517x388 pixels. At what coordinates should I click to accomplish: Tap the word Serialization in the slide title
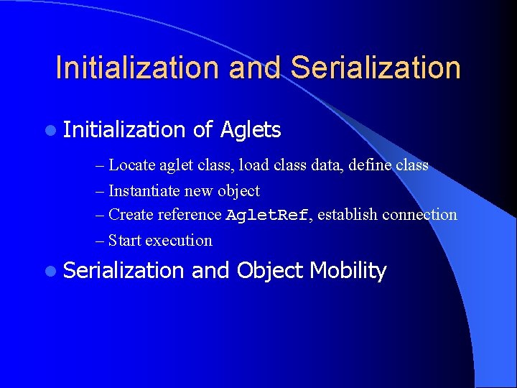click(376, 68)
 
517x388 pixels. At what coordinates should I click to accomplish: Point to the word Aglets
click(251, 130)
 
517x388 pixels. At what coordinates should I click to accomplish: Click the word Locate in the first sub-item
click(131, 165)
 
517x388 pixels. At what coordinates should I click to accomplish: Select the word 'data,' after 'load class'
click(329, 165)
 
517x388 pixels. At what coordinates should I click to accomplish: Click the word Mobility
click(348, 271)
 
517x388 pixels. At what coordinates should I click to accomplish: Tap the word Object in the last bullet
click(270, 272)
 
